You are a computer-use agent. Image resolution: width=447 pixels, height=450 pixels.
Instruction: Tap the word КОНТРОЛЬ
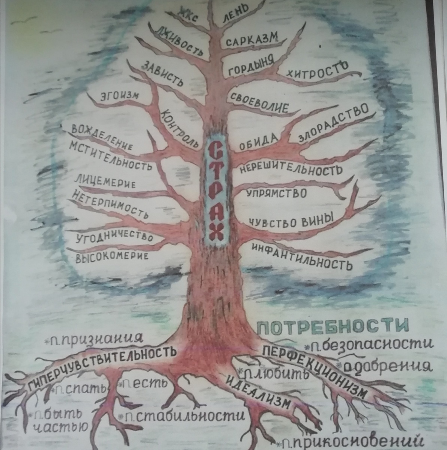179,128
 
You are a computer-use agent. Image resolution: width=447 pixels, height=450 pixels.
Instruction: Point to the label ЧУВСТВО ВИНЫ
291,220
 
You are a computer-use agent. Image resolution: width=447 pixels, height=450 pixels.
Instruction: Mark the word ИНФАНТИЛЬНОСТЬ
302,257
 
